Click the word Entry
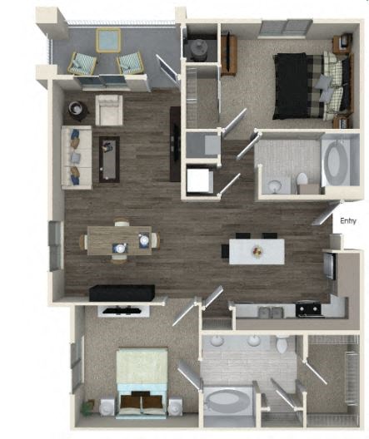tap(349, 224)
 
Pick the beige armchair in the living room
tap(109, 110)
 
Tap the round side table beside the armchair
tap(77, 109)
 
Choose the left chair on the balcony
tap(82, 62)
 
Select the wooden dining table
tap(120, 241)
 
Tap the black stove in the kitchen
tap(307, 309)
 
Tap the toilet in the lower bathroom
tap(282, 343)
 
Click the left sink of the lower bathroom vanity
tap(217, 341)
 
